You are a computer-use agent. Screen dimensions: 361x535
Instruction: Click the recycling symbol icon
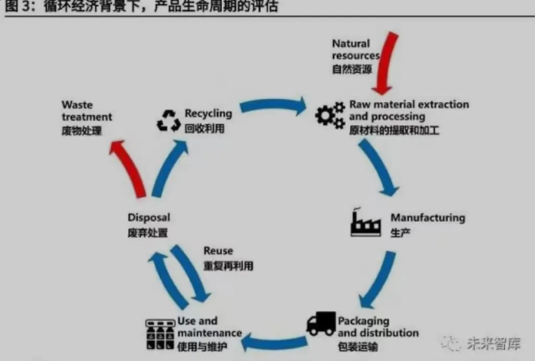click(168, 120)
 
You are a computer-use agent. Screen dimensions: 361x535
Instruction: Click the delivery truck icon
click(321, 325)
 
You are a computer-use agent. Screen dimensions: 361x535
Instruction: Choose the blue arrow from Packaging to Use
click(273, 342)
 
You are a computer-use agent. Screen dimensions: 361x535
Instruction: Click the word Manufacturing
click(427, 218)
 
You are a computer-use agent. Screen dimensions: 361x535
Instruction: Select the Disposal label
click(148, 218)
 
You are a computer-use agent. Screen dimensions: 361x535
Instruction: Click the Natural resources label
click(354, 50)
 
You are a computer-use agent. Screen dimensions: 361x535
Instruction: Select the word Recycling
click(208, 114)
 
